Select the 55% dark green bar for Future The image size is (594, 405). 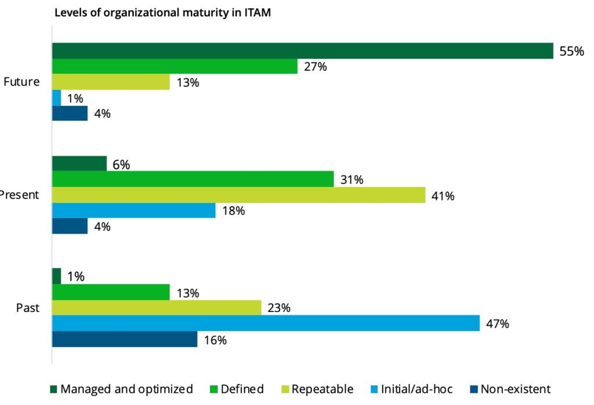tap(302, 51)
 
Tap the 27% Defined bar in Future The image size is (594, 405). tap(175, 66)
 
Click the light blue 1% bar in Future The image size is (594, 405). tap(56, 98)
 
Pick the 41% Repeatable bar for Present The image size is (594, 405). tap(238, 195)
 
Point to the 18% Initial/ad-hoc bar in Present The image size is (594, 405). tap(133, 210)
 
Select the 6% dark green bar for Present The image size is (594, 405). tap(79, 164)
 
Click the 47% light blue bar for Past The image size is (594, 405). tap(266, 323)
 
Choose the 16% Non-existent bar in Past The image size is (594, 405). tap(125, 339)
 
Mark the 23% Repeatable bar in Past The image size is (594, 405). tap(157, 307)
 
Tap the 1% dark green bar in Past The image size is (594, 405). tap(56, 276)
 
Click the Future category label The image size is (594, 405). tap(21, 82)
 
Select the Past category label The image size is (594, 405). tap(28, 308)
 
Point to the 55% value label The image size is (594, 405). tap(571, 51)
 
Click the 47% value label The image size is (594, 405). tap(497, 324)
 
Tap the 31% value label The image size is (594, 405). tap(352, 180)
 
